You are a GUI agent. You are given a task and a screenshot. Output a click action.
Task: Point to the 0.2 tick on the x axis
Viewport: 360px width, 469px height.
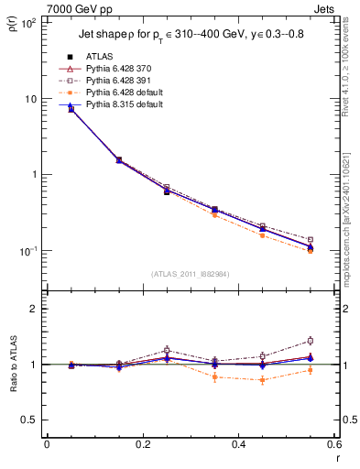coord(142,448)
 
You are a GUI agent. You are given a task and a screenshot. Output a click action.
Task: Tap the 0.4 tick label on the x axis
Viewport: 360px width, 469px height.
coord(238,448)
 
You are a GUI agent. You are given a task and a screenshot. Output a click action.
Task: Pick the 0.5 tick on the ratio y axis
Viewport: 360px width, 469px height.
coord(32,420)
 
